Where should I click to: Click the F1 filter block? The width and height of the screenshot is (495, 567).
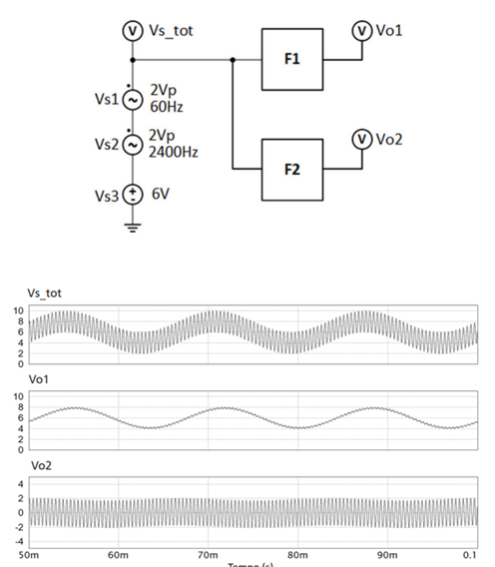[291, 59]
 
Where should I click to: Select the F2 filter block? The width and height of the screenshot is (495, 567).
[291, 169]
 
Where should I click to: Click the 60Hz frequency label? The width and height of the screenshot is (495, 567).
[163, 108]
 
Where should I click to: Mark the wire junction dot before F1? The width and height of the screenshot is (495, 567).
[233, 60]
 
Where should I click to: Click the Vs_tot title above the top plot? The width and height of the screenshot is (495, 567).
[46, 293]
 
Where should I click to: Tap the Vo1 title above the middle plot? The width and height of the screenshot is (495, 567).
[39, 379]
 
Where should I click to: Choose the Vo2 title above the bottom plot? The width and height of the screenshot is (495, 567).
[39, 466]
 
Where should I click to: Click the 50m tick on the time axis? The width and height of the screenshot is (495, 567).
[29, 553]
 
